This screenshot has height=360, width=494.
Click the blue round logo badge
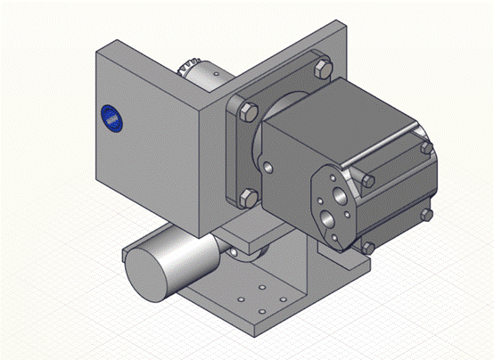[111, 117]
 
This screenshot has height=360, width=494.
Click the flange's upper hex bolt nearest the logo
[247, 111]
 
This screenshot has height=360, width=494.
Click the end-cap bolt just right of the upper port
[366, 181]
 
